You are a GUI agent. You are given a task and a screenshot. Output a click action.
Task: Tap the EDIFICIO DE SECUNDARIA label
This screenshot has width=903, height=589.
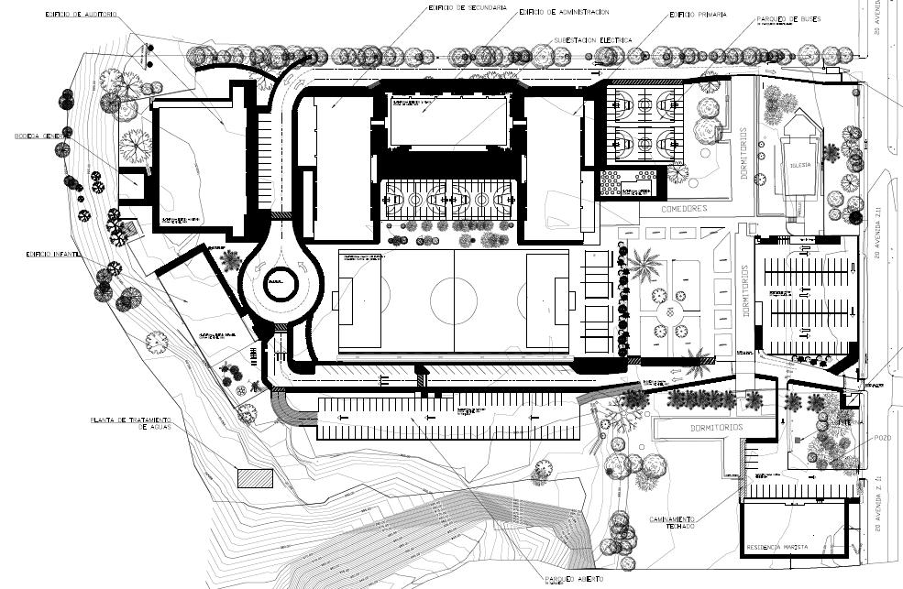468,7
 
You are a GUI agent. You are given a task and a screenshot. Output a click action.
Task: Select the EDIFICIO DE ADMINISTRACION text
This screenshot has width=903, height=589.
563,12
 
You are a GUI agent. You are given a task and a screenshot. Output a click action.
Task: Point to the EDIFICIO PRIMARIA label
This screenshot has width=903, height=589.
698,15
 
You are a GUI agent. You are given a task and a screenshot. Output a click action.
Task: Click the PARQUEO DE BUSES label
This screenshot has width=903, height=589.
787,18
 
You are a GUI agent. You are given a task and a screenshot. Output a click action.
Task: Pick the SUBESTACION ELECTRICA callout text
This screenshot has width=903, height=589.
592,40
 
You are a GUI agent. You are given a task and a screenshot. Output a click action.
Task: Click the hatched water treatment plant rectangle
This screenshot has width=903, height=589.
256,478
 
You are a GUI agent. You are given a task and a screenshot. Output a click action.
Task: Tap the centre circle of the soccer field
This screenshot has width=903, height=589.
455,299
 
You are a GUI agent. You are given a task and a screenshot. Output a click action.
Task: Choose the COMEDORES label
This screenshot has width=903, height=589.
683,209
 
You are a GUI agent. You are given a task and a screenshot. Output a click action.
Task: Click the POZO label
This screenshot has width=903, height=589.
883,439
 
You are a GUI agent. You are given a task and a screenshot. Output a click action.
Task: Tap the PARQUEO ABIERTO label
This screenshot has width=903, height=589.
575,580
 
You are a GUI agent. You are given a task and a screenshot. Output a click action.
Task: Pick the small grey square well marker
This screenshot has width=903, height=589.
798,441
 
